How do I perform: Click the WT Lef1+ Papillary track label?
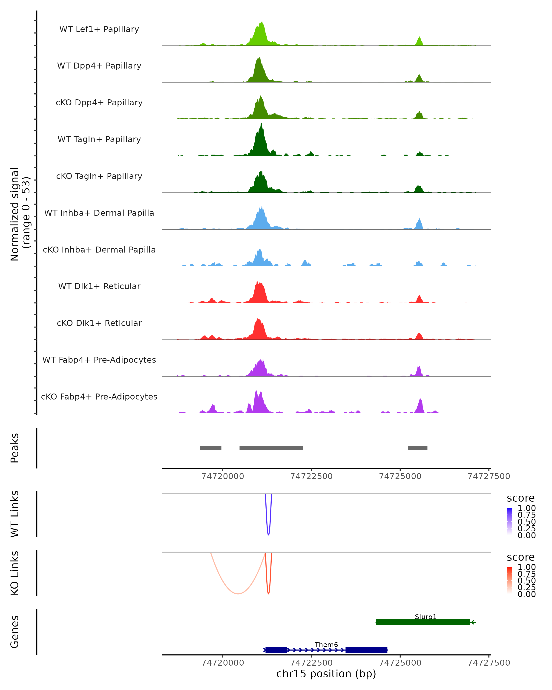tap(99, 29)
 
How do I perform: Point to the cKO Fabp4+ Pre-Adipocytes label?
tap(99, 397)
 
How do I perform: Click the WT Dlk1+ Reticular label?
tap(99, 286)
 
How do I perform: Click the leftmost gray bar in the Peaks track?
tap(210, 448)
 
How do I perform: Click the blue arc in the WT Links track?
tap(268, 534)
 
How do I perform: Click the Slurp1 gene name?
tap(425, 617)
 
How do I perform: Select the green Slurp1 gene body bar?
tap(423, 622)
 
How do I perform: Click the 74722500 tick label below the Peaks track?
tap(311, 476)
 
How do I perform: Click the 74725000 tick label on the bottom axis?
tap(400, 663)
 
